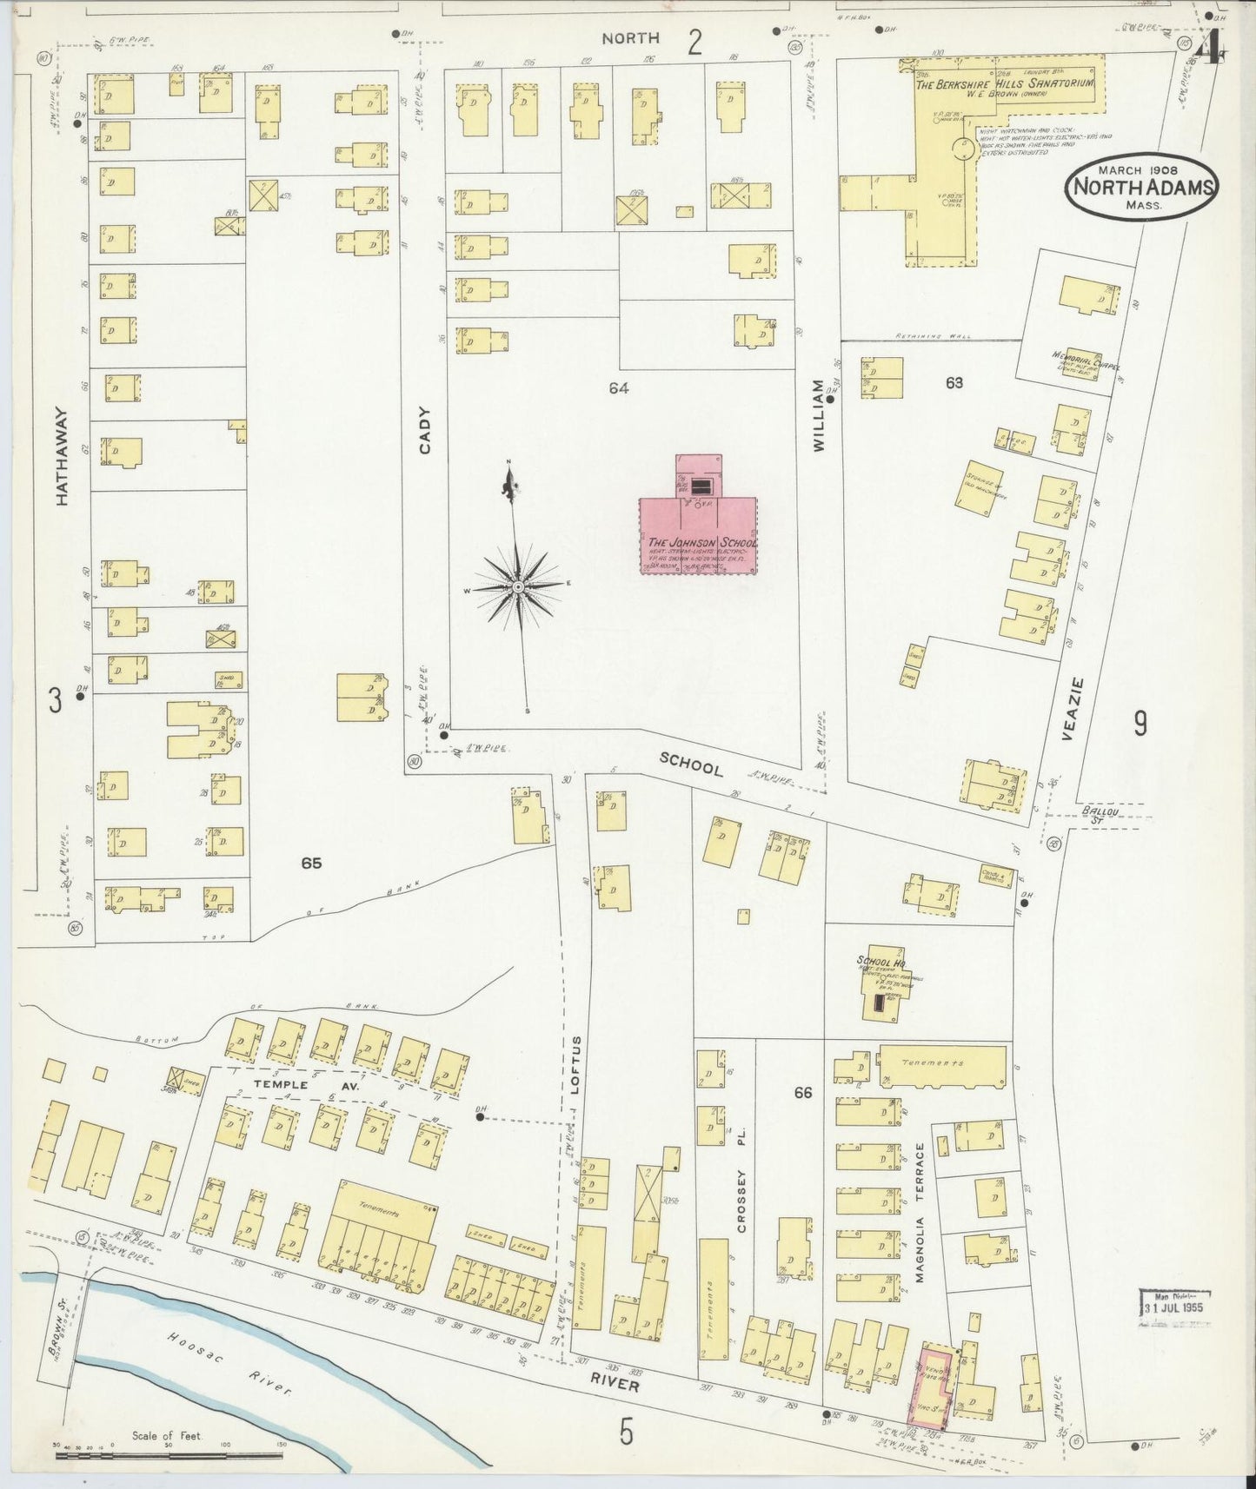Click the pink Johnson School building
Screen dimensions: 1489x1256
[698, 534]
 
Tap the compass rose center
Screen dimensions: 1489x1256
[518, 587]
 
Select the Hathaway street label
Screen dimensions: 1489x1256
[62, 456]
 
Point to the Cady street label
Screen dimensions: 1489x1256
[426, 430]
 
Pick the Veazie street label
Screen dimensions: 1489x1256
[1074, 709]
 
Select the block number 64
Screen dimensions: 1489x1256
[619, 388]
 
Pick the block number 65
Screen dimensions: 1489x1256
[312, 863]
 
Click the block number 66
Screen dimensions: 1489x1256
[802, 1092]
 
